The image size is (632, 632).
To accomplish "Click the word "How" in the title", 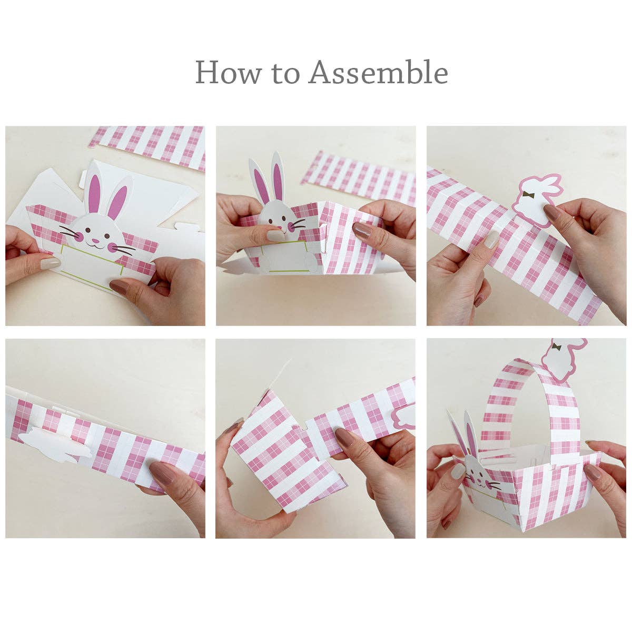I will (x=228, y=72).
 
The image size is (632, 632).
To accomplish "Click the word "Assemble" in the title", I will (x=378, y=72).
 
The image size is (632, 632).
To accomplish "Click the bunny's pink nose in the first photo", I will (x=96, y=241).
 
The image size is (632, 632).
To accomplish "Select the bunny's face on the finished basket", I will (x=479, y=477).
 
